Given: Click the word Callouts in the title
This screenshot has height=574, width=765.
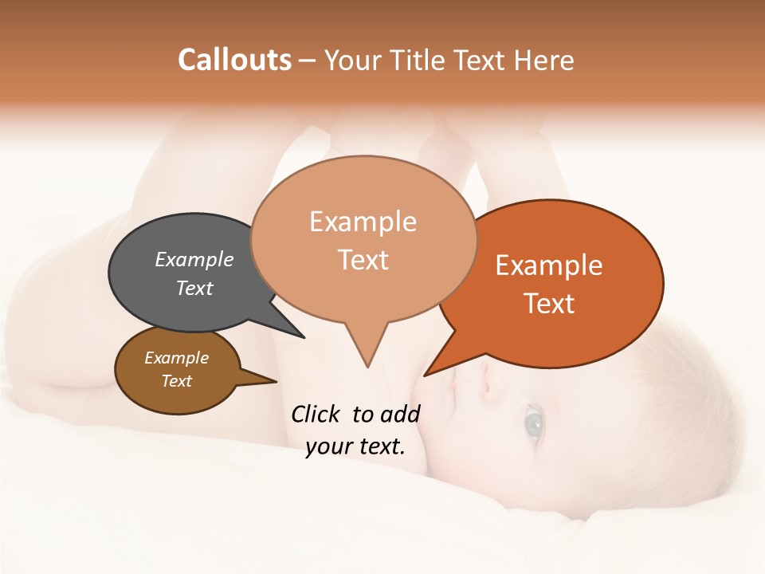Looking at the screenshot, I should [234, 60].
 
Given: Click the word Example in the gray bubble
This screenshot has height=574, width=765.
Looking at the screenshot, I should [194, 259].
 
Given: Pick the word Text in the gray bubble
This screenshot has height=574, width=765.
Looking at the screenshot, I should [194, 288].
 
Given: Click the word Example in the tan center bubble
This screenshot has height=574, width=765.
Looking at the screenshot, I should [363, 222].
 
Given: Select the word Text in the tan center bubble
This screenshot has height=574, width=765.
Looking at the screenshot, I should [363, 260].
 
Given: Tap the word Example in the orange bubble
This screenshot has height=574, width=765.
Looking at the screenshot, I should [548, 265].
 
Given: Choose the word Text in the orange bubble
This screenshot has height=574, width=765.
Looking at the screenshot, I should [548, 304].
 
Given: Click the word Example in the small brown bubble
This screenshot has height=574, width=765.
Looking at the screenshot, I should [176, 358].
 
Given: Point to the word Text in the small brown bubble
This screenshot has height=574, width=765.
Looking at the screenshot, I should [176, 381].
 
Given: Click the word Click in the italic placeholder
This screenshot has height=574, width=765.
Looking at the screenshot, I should [317, 414].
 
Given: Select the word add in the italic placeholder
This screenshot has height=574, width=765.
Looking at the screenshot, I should [399, 414].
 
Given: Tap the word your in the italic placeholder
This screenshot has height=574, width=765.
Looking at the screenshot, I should [328, 446].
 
